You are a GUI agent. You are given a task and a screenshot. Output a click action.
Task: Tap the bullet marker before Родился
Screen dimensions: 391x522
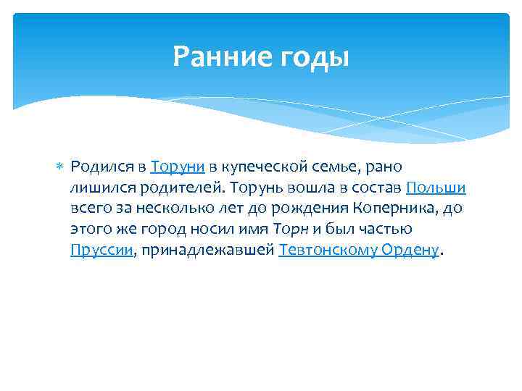60,168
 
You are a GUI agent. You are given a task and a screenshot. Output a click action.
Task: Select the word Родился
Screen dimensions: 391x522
99,167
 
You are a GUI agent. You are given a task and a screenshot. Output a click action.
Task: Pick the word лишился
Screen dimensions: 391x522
97,188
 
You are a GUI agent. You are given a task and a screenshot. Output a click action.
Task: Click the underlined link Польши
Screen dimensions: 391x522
436,188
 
